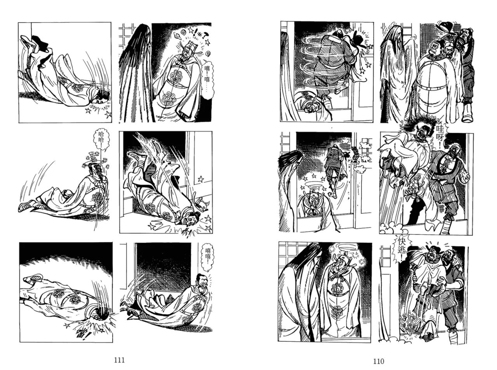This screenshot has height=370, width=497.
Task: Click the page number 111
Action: coord(119,360)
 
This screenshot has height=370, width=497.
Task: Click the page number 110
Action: coord(379,361)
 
